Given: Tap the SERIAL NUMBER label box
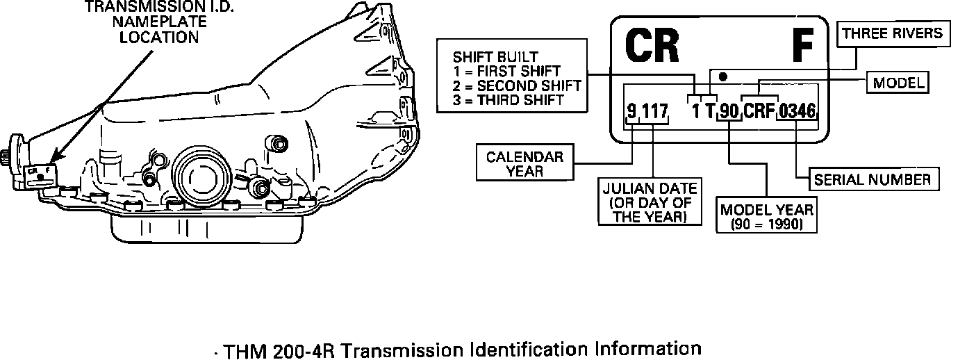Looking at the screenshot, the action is click(x=872, y=179).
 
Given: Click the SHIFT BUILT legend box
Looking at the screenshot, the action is click(x=511, y=79).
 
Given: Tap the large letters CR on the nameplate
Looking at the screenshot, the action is click(x=652, y=46).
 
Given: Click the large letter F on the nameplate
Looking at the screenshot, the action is click(x=802, y=46).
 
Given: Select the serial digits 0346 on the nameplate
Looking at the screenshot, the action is click(x=797, y=111).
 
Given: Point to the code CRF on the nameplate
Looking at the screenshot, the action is click(x=759, y=111).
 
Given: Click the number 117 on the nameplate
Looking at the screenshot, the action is click(x=654, y=111).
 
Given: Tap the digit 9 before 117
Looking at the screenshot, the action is click(x=631, y=111).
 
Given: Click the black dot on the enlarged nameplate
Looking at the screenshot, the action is click(x=722, y=75).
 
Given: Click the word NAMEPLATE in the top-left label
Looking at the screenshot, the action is click(x=160, y=22).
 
